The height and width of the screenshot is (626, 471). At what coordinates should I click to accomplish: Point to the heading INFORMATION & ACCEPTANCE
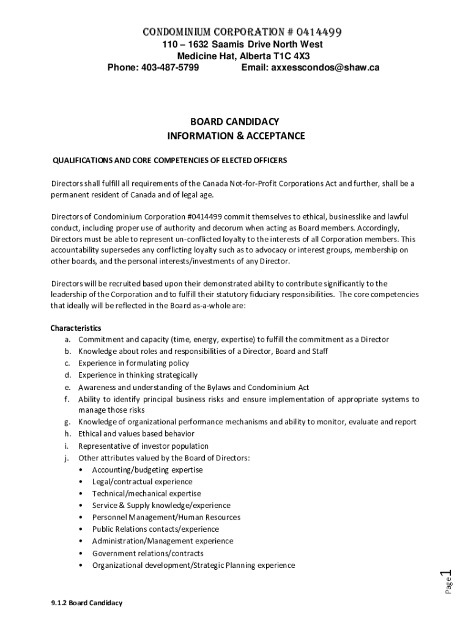tap(236, 136)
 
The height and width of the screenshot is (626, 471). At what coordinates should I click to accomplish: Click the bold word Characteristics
tap(76, 328)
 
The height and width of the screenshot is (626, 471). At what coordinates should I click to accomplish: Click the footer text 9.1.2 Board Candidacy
tap(87, 603)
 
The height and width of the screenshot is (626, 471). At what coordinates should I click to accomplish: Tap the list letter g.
tap(66, 422)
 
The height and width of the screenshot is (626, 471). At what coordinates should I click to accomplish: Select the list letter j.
tap(66, 458)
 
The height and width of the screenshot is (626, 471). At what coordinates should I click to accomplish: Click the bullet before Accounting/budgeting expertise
tap(82, 470)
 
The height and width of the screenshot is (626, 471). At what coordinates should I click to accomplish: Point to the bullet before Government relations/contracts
tap(82, 553)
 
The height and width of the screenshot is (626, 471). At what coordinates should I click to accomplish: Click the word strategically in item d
tap(175, 375)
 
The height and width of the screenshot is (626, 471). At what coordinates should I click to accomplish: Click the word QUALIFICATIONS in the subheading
tap(81, 160)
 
